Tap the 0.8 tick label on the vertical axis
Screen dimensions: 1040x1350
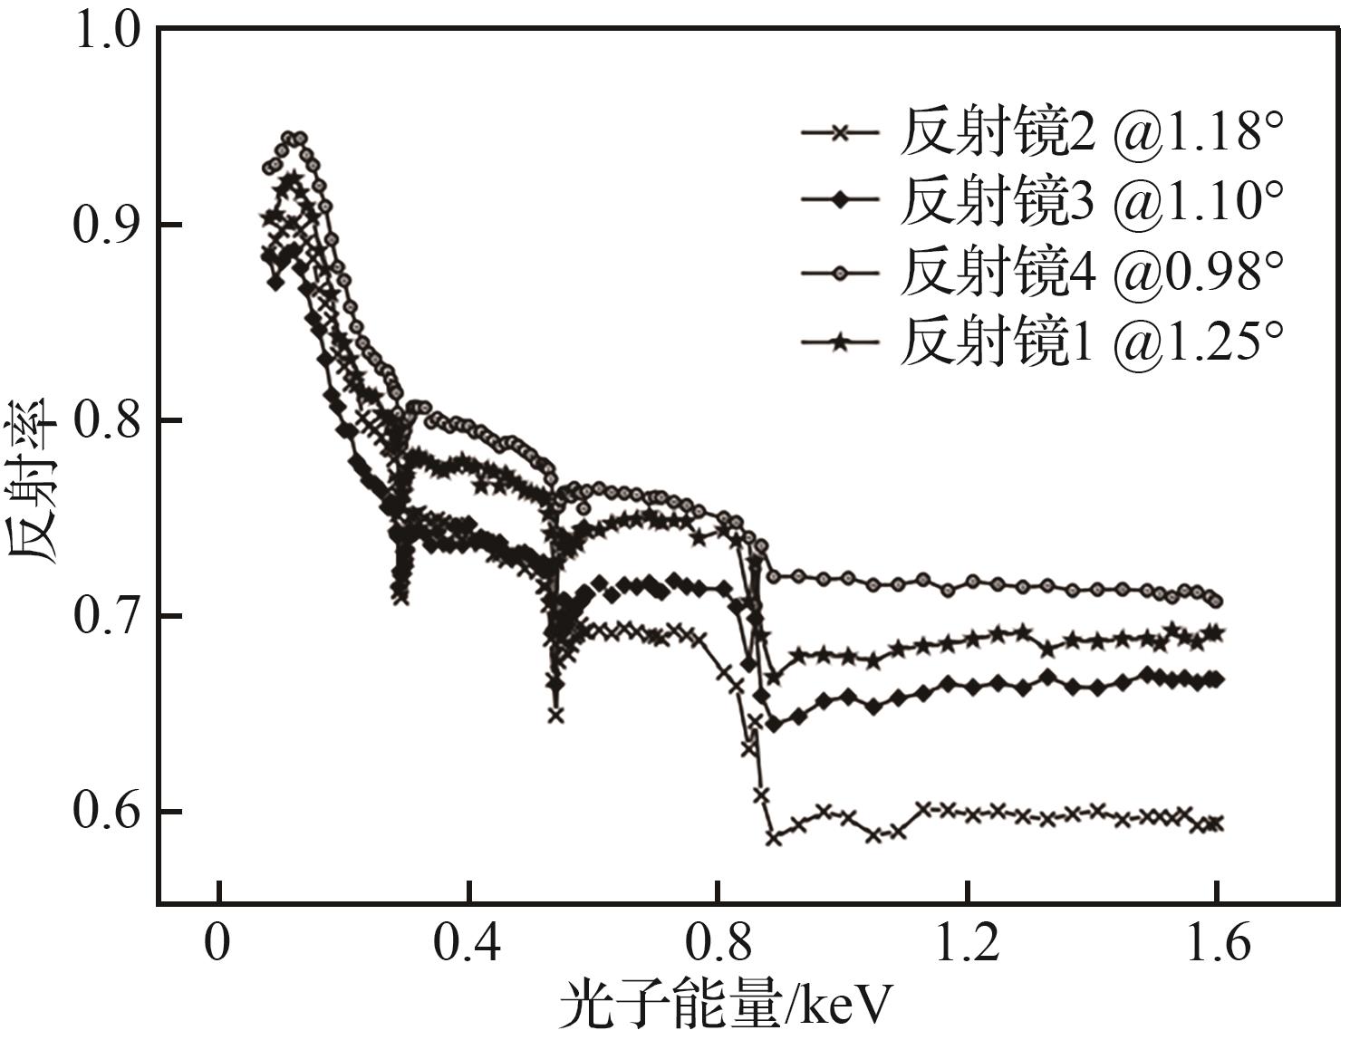(106, 421)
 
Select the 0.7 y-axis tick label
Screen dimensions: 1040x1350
(106, 617)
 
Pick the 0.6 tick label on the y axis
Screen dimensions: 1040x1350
(106, 813)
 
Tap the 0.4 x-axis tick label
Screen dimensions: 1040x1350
(468, 944)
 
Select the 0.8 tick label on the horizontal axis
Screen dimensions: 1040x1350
(717, 944)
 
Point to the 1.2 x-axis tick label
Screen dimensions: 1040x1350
(968, 944)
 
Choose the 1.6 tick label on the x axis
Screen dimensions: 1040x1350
(1217, 944)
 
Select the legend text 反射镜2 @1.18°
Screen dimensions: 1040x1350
(1092, 133)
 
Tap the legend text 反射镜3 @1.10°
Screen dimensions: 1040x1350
(1092, 202)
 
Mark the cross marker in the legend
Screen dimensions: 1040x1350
(840, 132)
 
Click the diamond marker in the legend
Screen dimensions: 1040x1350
(840, 201)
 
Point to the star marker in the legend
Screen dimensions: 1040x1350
(840, 342)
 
